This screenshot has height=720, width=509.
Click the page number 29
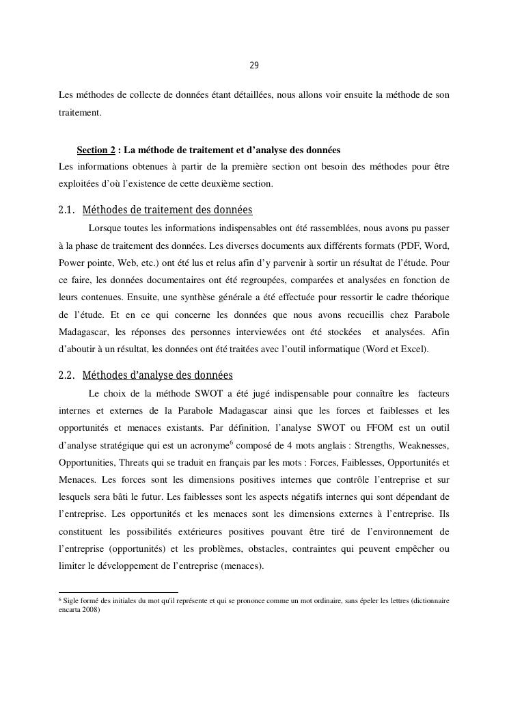point(253,66)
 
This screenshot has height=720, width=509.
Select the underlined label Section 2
point(96,150)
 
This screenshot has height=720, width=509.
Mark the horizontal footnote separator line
point(118,592)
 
